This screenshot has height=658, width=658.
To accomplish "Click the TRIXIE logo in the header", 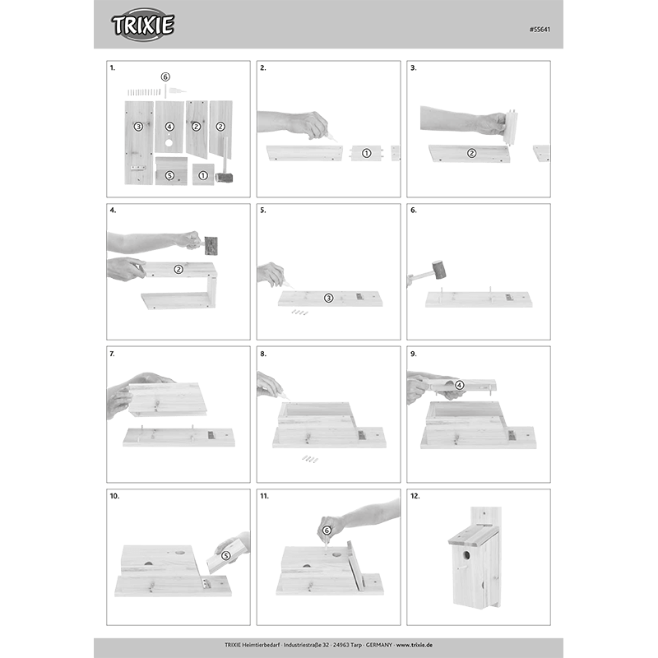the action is point(142,25).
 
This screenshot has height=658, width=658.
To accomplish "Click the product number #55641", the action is point(540,30).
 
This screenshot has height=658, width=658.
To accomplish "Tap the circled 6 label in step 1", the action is point(165,76).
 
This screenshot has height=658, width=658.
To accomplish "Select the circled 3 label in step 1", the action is point(138,127).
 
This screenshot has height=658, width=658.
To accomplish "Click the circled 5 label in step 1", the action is point(169,175).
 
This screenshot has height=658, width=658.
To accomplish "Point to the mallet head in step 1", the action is point(224,178).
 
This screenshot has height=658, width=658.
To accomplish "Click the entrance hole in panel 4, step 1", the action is point(169,143).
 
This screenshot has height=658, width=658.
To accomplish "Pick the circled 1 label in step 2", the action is point(366,153).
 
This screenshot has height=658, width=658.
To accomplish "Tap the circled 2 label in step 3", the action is point(471,153).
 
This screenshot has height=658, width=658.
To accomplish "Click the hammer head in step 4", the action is point(211,246).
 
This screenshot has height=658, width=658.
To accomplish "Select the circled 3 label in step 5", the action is point(328,298).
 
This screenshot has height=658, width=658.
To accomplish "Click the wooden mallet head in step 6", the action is point(438,270).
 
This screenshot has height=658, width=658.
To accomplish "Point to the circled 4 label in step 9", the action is point(460,385).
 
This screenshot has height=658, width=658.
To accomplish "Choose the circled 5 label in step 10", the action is point(225,556).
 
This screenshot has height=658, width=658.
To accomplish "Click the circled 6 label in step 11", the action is point(327,531).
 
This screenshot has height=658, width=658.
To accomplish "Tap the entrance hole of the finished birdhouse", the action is point(466,556).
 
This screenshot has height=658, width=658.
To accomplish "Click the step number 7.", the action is point(112,354).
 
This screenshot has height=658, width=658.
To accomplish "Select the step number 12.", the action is point(415,496).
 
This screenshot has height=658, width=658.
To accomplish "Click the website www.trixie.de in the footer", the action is point(415,645).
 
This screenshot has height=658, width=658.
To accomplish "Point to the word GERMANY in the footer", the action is point(379,645).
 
